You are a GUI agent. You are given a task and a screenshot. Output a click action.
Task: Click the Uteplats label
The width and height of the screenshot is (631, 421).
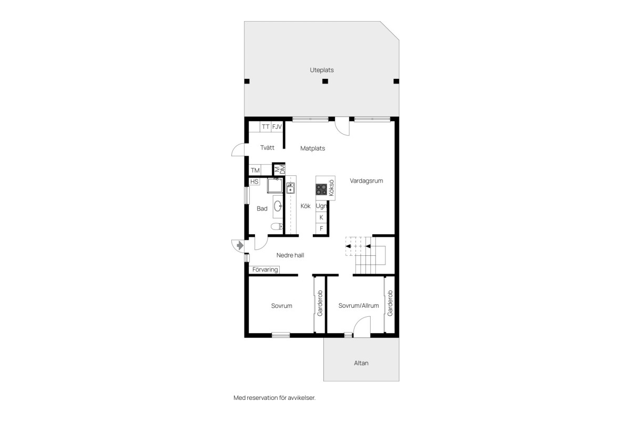(x=322, y=70)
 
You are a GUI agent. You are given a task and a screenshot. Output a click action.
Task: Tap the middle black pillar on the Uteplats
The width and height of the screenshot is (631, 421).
(x=325, y=81)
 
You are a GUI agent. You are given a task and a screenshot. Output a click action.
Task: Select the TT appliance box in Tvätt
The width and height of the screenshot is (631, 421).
(x=266, y=127)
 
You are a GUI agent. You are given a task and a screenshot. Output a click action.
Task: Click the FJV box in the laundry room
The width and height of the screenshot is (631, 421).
(x=277, y=127)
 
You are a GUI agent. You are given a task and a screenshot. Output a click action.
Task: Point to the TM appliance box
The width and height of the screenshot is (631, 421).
(x=255, y=170)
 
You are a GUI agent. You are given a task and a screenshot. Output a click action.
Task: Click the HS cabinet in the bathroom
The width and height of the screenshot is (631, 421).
(x=255, y=182)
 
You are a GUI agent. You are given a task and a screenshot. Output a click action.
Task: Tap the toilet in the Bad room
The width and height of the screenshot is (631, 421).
(x=277, y=226)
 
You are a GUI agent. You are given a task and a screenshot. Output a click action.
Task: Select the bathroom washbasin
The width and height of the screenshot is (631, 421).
(x=278, y=206)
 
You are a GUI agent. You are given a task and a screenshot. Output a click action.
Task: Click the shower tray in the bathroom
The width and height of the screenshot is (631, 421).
(x=274, y=185)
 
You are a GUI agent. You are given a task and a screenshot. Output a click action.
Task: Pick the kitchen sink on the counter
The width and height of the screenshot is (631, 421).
(x=290, y=188)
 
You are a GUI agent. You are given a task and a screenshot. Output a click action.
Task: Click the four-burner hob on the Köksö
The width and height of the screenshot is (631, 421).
(x=321, y=189)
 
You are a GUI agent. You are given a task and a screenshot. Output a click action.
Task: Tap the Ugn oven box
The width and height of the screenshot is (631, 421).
(x=321, y=206)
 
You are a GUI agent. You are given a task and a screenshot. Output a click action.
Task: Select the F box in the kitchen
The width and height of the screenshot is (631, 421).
(x=321, y=228)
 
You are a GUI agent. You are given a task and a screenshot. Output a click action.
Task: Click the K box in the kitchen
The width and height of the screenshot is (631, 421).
(x=321, y=217)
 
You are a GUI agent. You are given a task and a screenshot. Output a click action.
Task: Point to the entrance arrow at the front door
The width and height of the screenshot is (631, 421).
(x=240, y=246)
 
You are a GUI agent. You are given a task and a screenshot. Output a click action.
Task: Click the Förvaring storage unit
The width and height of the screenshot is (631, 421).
(x=264, y=269)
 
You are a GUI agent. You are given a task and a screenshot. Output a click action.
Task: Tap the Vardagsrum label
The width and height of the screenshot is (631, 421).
(x=366, y=181)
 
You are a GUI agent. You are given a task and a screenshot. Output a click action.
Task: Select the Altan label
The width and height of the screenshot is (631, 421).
(x=361, y=363)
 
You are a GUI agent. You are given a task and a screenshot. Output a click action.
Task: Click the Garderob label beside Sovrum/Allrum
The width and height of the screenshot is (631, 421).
(x=390, y=303)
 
